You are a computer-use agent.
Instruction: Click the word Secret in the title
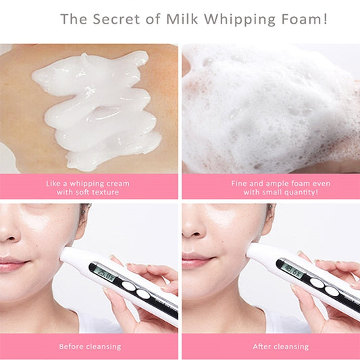coord(116,19)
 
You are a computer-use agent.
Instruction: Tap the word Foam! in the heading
coord(304,19)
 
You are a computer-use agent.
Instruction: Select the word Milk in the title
coord(182,19)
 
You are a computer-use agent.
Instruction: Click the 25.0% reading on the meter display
coord(106,275)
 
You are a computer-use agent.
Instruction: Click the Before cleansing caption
coord(90,346)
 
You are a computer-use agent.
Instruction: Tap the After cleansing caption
coord(280,346)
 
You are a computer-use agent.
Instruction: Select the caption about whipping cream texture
coord(88,188)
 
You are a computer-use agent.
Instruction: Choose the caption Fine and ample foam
coord(280,188)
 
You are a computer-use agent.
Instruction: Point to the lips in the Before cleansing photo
coord(13,264)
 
